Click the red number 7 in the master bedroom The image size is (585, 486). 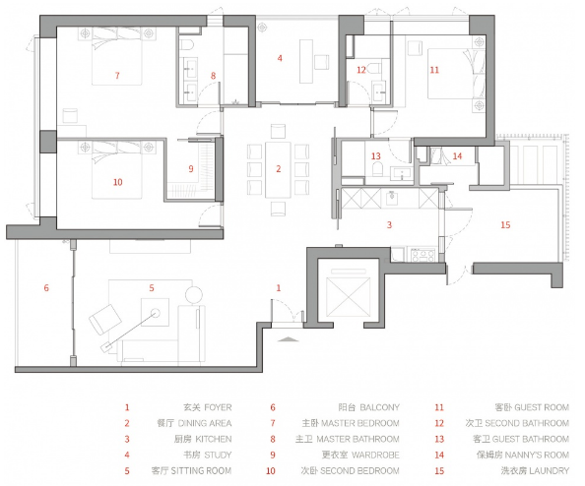pos(117,76)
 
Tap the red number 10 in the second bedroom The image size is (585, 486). pos(117,182)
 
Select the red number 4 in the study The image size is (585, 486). pos(280,58)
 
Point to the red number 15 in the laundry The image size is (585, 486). pos(505,224)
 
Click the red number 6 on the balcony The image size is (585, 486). pos(46,287)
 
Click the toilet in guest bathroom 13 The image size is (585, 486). pos(377,169)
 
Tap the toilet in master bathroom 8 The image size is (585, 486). pos(187,45)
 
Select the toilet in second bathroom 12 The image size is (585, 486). pos(374,69)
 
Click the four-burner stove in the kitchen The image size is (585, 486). pos(422,256)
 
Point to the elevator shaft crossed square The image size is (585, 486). pos(348,297)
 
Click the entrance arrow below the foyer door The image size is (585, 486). pos(289,339)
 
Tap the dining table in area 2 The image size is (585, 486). pos(278,169)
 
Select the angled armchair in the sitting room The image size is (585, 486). pos(105,320)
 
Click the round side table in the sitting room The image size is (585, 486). pos(194,294)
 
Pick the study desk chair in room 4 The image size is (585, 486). pos(321,62)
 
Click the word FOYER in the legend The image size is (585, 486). pos(218,407)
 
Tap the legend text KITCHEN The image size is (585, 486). pos(214,439)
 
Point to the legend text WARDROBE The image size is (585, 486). pos(375,455)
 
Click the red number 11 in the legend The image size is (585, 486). pos(439,407)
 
